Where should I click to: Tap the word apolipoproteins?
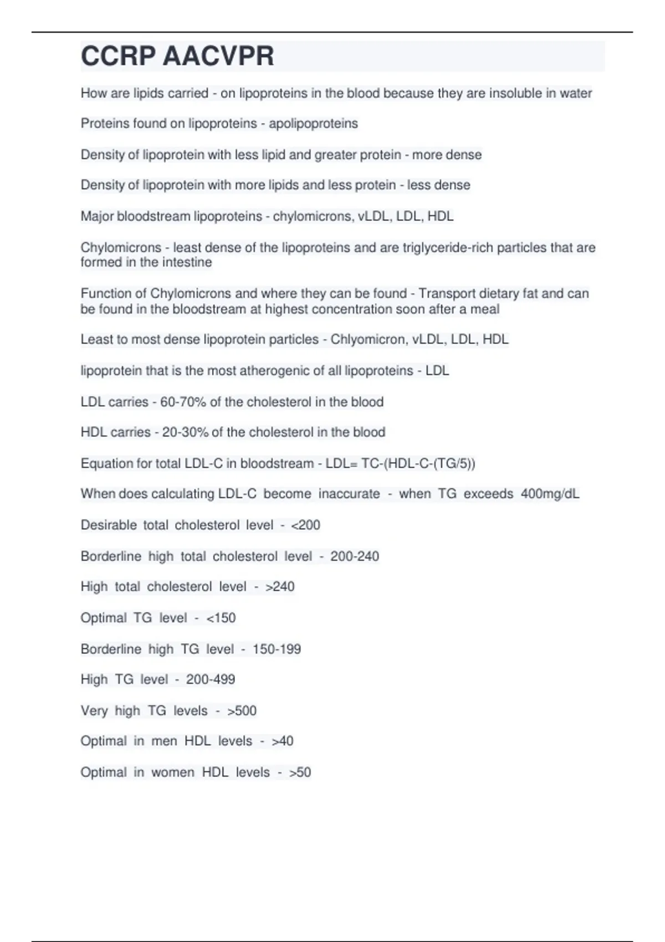313,124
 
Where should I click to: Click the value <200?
305,525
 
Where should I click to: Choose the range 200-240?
355,556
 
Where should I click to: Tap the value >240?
280,586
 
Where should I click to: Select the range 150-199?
277,649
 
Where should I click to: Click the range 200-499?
211,679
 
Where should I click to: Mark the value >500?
242,710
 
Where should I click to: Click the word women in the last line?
173,772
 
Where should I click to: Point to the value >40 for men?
282,741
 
